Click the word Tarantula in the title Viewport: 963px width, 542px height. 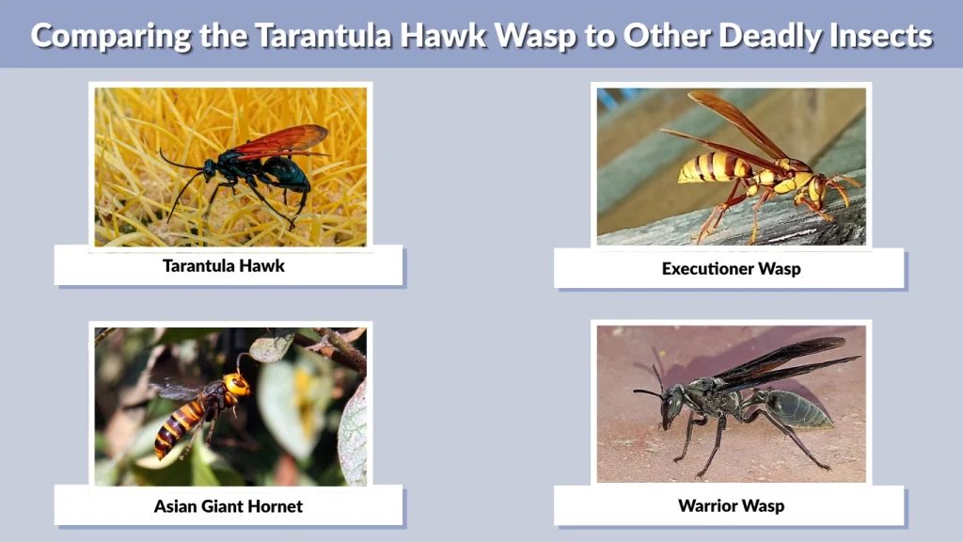(310, 36)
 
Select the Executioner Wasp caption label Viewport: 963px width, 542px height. (730, 268)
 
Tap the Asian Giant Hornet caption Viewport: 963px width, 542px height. (229, 506)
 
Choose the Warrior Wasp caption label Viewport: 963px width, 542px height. (730, 506)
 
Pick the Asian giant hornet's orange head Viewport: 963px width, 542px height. (236, 384)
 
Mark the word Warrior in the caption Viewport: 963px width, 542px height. (707, 506)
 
